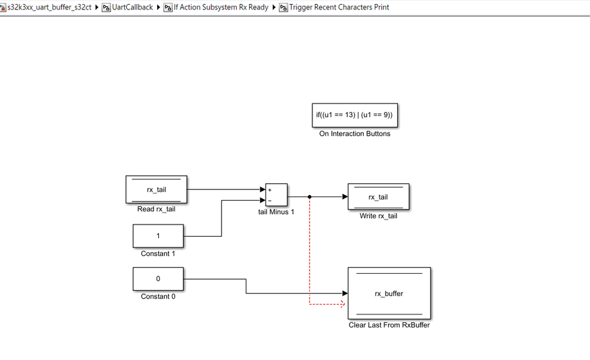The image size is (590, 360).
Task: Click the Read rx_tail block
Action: pos(157,189)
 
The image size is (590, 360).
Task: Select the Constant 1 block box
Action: pos(158,236)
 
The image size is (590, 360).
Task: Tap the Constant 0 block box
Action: pos(158,279)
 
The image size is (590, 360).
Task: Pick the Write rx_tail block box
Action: pos(378,197)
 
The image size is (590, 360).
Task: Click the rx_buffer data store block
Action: pos(389,293)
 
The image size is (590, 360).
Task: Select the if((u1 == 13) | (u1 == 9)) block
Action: pos(354,115)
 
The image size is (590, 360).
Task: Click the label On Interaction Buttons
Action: pos(354,134)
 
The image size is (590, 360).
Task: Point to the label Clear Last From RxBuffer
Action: pos(389,325)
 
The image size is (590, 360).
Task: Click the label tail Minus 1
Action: pos(276,212)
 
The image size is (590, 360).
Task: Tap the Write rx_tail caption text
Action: pos(378,216)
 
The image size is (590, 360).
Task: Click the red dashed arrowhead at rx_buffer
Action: pos(342,305)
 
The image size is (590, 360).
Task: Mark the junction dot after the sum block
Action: pos(309,197)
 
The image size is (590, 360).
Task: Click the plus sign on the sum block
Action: pos(270,190)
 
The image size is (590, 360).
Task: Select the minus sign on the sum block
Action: pos(270,201)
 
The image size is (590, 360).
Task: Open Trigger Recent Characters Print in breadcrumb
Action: pos(338,7)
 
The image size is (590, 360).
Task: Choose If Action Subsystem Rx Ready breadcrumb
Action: pos(220,7)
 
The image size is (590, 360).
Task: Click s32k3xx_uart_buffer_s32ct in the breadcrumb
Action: pos(50,7)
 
